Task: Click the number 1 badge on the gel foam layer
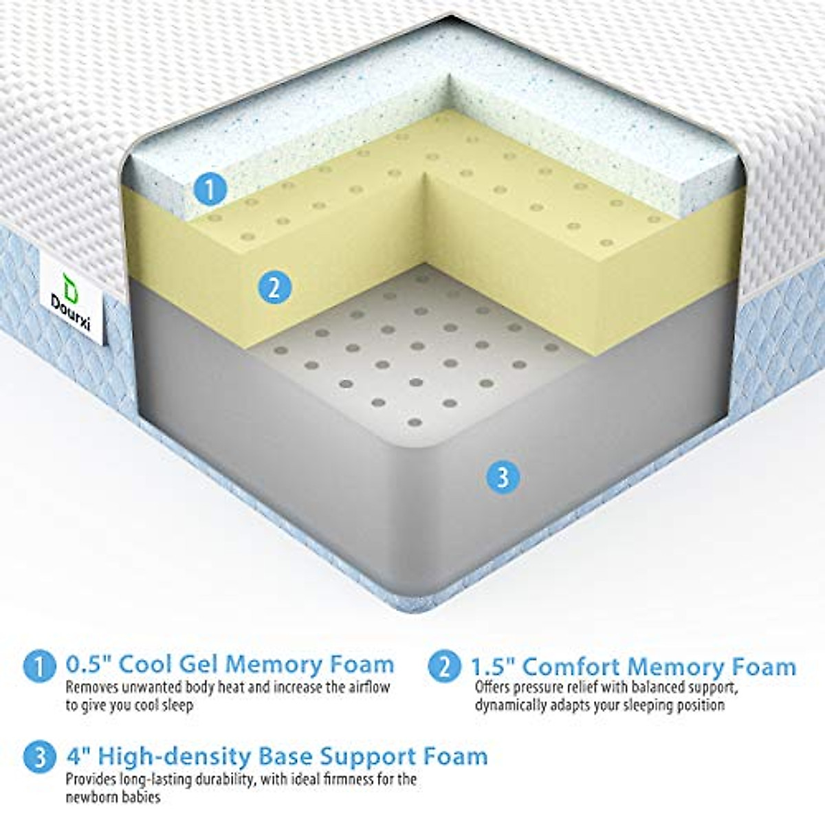pyautogui.click(x=210, y=188)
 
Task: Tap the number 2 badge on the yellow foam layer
pyautogui.click(x=274, y=287)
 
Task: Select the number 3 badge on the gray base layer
pyautogui.click(x=503, y=476)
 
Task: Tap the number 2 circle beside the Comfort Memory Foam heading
pyautogui.click(x=443, y=666)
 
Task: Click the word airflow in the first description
pyautogui.click(x=370, y=687)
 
